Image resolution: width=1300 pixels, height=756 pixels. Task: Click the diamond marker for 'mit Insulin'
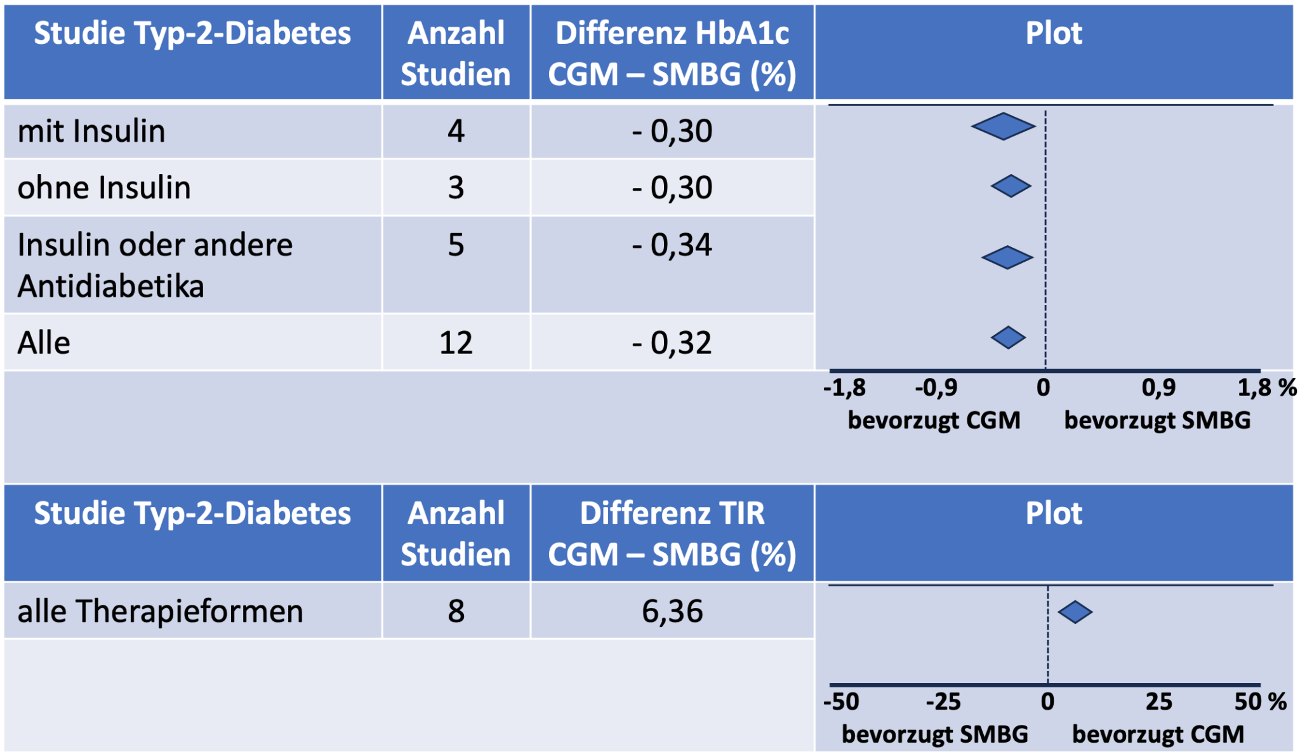coord(1003,126)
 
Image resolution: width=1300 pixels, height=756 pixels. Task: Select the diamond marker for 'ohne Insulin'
coord(1011,186)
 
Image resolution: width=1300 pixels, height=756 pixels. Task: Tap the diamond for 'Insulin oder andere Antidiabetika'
coord(1007,257)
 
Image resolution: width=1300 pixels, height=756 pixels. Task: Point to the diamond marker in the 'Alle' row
coord(1008,337)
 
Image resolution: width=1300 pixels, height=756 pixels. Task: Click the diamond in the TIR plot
coord(1075,612)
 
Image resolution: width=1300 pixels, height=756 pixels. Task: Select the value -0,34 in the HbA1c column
coord(672,245)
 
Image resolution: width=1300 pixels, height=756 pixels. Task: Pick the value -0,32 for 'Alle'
coord(672,343)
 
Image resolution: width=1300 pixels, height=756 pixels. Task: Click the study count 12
coord(456,343)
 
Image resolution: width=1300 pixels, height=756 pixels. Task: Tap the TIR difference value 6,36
coord(672,611)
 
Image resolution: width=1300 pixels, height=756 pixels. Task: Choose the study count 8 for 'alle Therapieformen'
coord(456,611)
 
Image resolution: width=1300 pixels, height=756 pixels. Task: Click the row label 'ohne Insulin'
coord(104,187)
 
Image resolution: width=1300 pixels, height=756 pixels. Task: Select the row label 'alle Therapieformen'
coord(160,611)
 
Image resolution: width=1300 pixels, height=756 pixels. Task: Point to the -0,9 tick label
coord(936,387)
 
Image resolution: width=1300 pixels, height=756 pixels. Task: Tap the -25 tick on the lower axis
coord(943,701)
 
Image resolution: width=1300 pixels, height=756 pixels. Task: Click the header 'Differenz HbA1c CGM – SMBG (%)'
coord(672,53)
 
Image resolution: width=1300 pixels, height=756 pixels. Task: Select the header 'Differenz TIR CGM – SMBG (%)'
coord(672,534)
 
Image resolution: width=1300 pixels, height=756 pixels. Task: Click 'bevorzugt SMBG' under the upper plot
coord(1157,421)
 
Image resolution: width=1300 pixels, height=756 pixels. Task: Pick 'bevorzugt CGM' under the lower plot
coord(1158,734)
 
